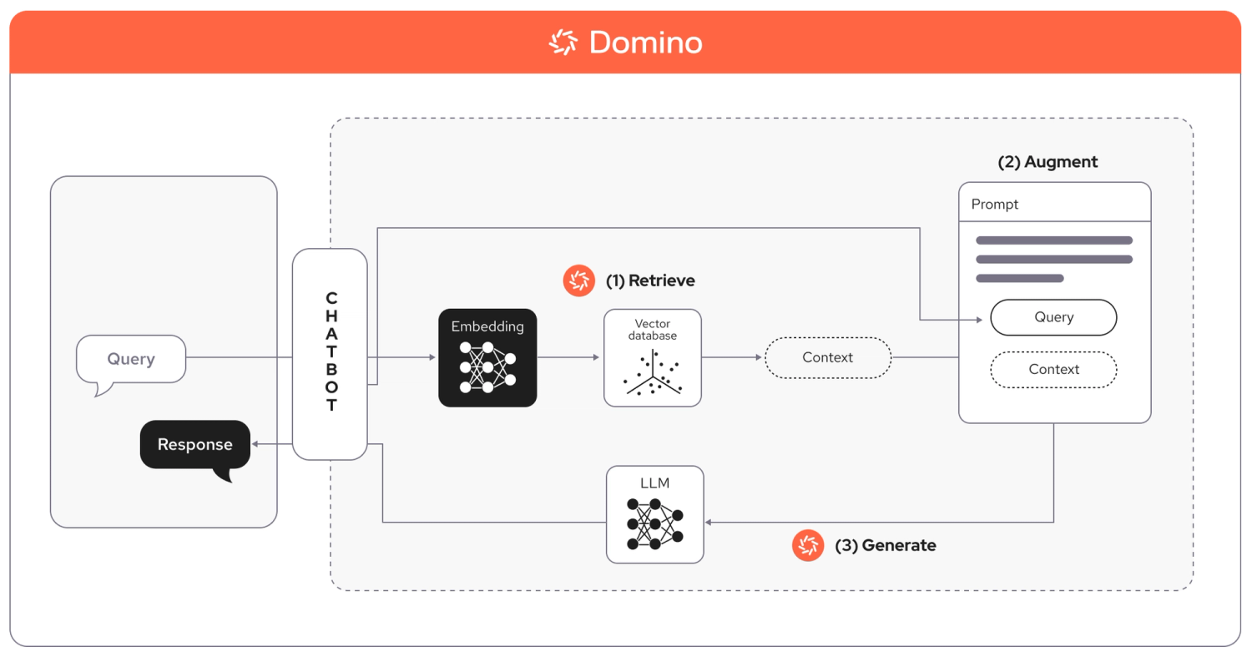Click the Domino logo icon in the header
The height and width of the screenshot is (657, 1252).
pyautogui.click(x=563, y=42)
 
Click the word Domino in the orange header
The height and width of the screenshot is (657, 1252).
pyautogui.click(x=645, y=43)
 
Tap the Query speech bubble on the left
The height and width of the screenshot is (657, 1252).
pyautogui.click(x=130, y=360)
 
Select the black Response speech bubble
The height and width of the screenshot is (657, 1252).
pyautogui.click(x=195, y=445)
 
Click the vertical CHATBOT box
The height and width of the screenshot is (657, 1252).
pyautogui.click(x=331, y=354)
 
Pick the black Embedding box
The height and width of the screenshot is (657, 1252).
pyautogui.click(x=487, y=357)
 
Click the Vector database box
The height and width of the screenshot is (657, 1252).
pyautogui.click(x=653, y=357)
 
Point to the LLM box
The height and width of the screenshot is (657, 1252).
pyautogui.click(x=655, y=514)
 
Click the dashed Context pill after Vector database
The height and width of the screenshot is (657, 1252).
pyautogui.click(x=827, y=357)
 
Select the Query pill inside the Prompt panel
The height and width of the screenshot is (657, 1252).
pyautogui.click(x=1053, y=317)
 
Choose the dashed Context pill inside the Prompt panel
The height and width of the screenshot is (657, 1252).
pyautogui.click(x=1053, y=370)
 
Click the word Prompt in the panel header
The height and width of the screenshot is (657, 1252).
pyautogui.click(x=995, y=205)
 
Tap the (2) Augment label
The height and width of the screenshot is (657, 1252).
pyautogui.click(x=1048, y=162)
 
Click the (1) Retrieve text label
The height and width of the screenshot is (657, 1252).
pyautogui.click(x=650, y=281)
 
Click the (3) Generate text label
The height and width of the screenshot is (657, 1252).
pyautogui.click(x=886, y=546)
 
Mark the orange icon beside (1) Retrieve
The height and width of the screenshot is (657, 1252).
pyautogui.click(x=578, y=281)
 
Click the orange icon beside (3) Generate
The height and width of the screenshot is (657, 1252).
pyautogui.click(x=808, y=546)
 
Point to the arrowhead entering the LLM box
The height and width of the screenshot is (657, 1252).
pyautogui.click(x=709, y=523)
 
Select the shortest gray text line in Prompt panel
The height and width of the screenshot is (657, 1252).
pyautogui.click(x=1019, y=278)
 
